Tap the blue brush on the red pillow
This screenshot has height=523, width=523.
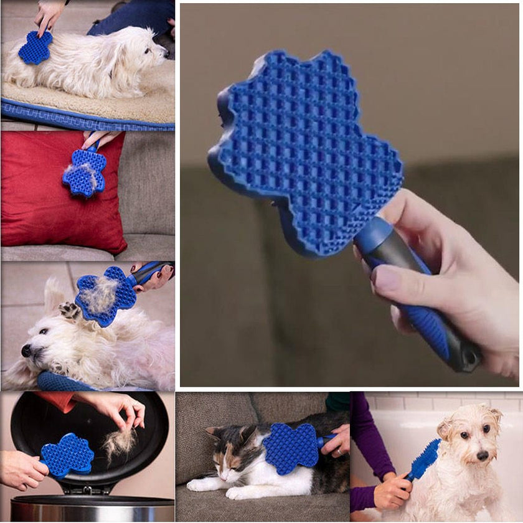[84, 172]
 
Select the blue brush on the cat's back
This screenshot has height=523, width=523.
[290, 446]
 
